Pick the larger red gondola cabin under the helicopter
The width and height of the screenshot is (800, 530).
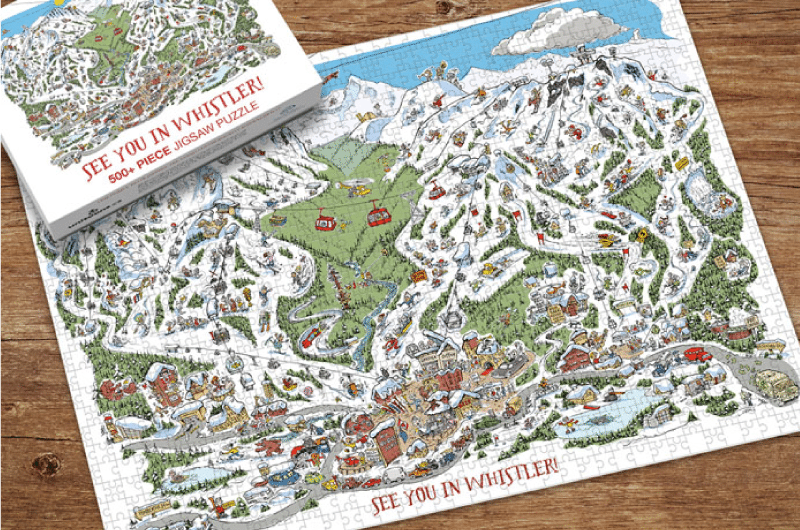click(x=378, y=214)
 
